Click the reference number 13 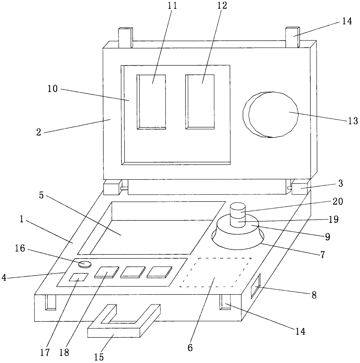(x=353, y=121)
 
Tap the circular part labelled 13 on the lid (x=273, y=115)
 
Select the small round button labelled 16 (x=85, y=264)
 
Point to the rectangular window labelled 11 (x=152, y=102)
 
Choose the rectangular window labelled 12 (x=200, y=102)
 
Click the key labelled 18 (x=106, y=272)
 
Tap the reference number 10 (x=53, y=89)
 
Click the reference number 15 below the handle (x=99, y=357)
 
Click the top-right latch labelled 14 (x=292, y=37)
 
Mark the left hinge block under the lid (x=112, y=188)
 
